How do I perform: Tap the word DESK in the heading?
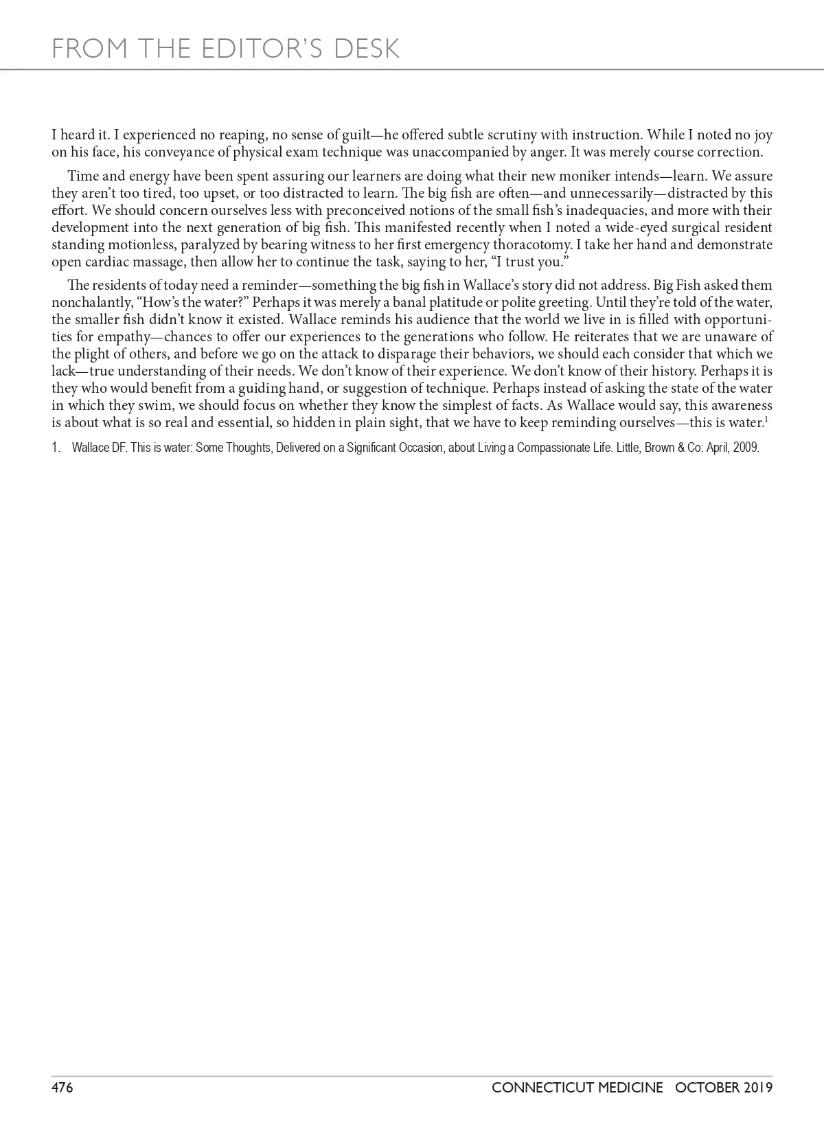pyautogui.click(x=366, y=49)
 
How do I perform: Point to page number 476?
pyautogui.click(x=62, y=1088)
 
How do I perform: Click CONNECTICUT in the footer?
pyautogui.click(x=577, y=1088)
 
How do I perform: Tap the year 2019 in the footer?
pyautogui.click(x=756, y=1088)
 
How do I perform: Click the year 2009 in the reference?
pyautogui.click(x=746, y=448)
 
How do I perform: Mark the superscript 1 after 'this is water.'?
pyautogui.click(x=766, y=419)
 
